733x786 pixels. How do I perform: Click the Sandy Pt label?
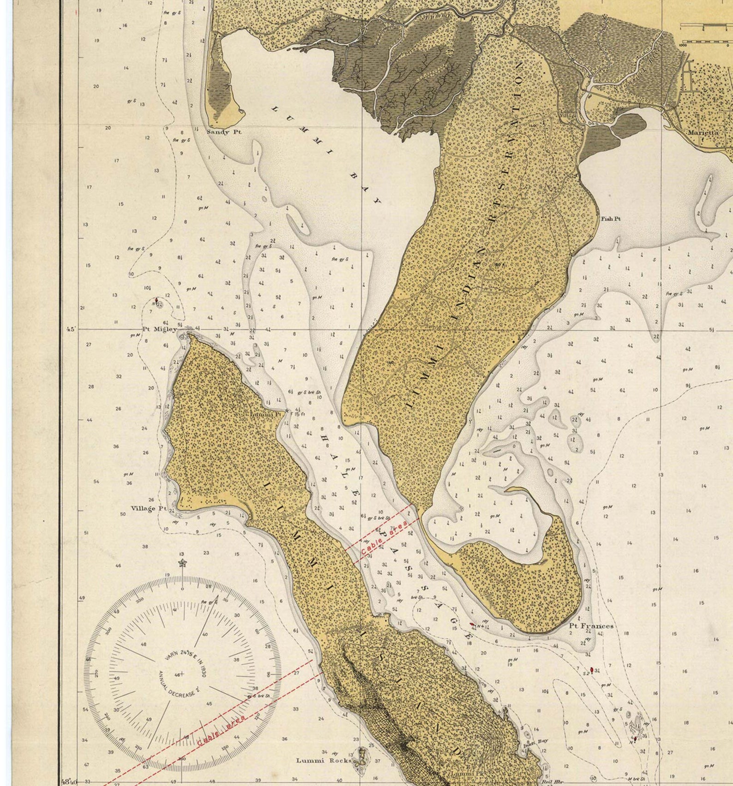pos(223,132)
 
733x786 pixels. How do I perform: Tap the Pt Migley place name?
pos(159,329)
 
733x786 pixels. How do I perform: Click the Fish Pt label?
pos(610,219)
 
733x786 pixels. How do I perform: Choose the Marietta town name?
pos(703,132)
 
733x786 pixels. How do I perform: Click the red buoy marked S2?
pos(592,669)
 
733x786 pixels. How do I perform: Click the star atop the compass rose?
pos(182,563)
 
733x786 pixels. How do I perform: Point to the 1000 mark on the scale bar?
pos(684,45)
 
